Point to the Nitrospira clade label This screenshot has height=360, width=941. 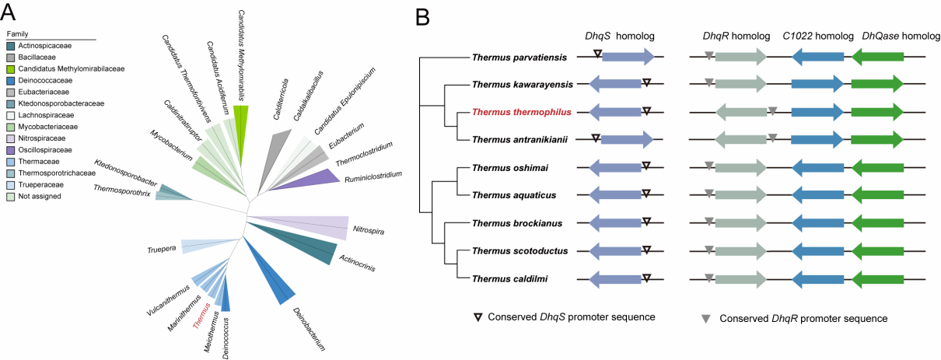coord(368,230)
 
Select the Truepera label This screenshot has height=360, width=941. coord(161,250)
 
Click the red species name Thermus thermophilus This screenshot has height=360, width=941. coord(522,112)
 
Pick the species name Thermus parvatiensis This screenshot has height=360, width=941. coord(519,56)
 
